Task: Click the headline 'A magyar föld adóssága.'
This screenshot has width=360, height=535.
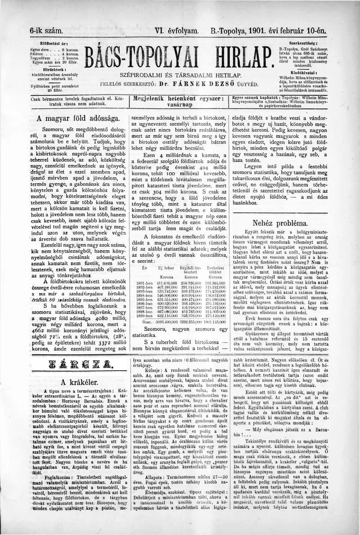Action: click(78, 118)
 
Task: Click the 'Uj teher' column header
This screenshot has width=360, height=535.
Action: click(166, 268)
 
